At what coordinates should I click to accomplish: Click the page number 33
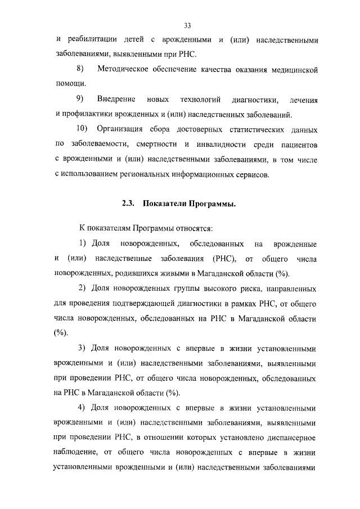point(187,25)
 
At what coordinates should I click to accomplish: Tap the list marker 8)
point(80,70)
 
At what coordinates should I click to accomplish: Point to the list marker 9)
point(80,100)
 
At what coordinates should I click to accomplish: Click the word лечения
point(303,100)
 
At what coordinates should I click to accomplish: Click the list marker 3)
point(82,348)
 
